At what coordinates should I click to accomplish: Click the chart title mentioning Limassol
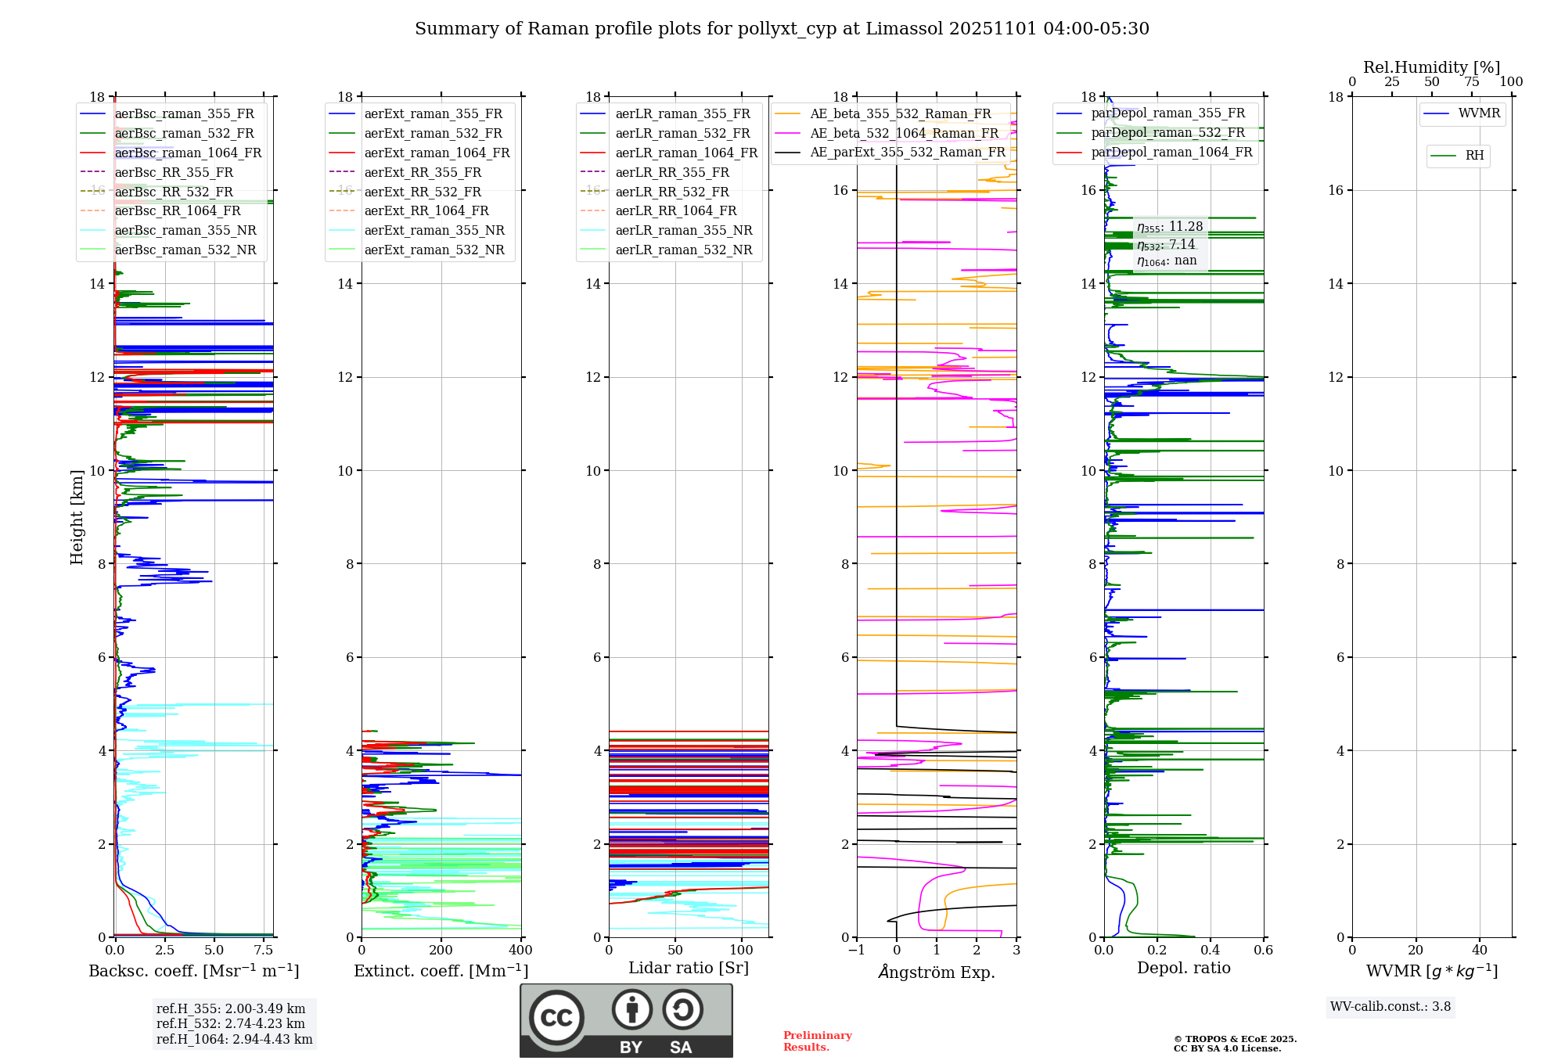[782, 29]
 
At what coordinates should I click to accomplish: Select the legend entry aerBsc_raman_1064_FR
[188, 153]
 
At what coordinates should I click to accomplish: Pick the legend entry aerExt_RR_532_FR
[423, 192]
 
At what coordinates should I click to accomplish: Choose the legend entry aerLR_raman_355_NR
[683, 230]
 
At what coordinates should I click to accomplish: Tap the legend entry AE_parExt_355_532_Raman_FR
[907, 152]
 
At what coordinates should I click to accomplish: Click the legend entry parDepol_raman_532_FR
[1167, 132]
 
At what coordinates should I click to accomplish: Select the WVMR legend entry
[1478, 113]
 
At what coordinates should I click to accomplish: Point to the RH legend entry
[1474, 156]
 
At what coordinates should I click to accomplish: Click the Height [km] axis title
[77, 516]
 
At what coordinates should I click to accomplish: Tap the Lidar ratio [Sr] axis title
[689, 968]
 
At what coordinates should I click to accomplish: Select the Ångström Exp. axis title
[937, 972]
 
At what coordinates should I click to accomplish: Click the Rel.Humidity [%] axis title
[1431, 67]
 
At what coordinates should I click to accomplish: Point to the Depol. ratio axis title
[1183, 968]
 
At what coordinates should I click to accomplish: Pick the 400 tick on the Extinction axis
[520, 951]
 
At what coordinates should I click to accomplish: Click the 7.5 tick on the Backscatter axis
[264, 951]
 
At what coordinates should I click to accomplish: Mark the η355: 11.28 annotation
[1170, 227]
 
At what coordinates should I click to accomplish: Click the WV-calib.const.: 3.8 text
[1391, 1007]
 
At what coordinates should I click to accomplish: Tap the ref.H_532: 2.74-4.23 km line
[231, 1023]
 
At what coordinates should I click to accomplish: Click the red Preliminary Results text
[817, 1041]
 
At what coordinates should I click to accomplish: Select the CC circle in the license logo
[556, 1018]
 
